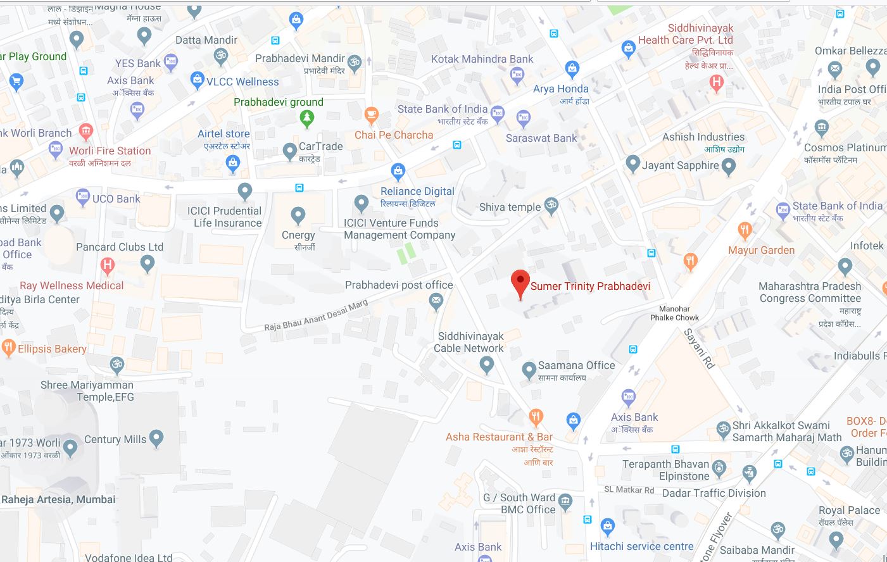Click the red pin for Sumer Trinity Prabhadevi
[520, 282]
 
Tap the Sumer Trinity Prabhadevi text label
[590, 286]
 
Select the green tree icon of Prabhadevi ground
[307, 117]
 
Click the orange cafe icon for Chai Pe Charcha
[372, 115]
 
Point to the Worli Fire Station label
[110, 151]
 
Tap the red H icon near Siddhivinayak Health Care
[717, 81]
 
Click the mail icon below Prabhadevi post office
[436, 302]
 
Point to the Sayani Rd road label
[699, 349]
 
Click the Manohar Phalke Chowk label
[674, 313]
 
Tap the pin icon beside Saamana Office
[529, 370]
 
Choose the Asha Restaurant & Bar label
[499, 437]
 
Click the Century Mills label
[115, 439]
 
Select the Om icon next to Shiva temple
[551, 204]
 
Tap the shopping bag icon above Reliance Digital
[398, 170]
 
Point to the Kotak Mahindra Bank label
[482, 59]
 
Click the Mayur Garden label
[761, 250]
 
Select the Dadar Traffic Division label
[714, 493]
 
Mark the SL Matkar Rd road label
[629, 490]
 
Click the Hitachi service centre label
[641, 546]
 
